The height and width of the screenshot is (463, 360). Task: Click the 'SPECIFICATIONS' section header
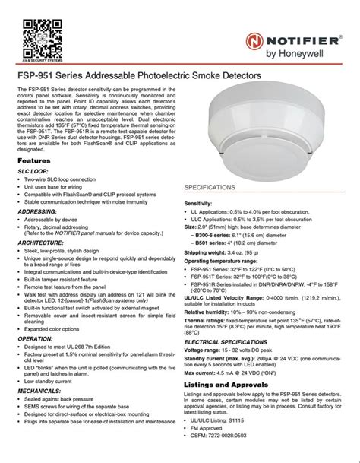pos(214,186)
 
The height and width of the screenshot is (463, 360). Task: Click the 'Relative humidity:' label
pos(212,311)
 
